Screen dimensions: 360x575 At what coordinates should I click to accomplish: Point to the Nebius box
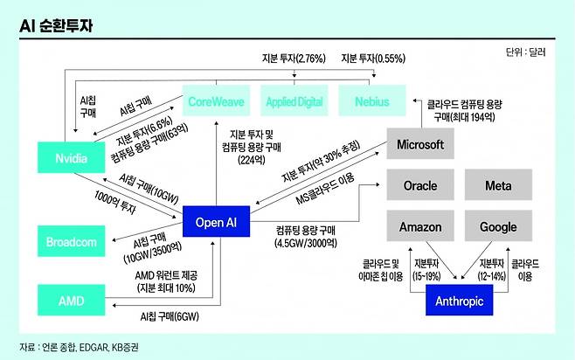coord(372,101)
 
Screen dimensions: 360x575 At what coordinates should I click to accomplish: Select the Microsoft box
coord(419,144)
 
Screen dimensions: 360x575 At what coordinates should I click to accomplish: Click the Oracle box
coord(419,186)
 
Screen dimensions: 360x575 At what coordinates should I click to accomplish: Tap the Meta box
coord(504,186)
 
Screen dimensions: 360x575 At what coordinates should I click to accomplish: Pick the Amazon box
coord(419,227)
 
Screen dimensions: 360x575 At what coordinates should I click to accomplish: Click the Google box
coord(504,227)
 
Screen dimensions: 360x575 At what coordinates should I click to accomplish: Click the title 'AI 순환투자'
coord(56,26)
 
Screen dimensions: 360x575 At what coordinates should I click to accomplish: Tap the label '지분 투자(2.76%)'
coord(293,59)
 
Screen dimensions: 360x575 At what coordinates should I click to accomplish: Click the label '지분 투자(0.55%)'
coord(373,59)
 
